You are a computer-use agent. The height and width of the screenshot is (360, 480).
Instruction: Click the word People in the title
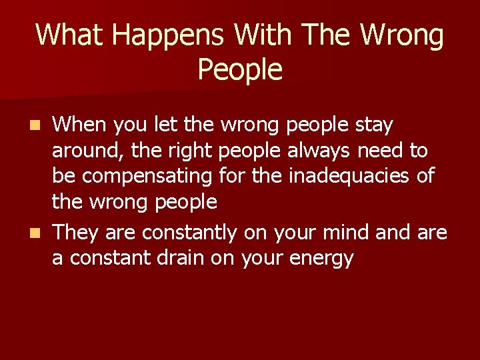(x=240, y=69)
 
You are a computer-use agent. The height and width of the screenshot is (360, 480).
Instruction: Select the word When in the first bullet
(x=81, y=124)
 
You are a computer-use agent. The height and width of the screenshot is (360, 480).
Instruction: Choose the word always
(x=319, y=151)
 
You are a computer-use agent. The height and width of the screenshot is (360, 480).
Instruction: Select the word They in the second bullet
(x=75, y=232)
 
